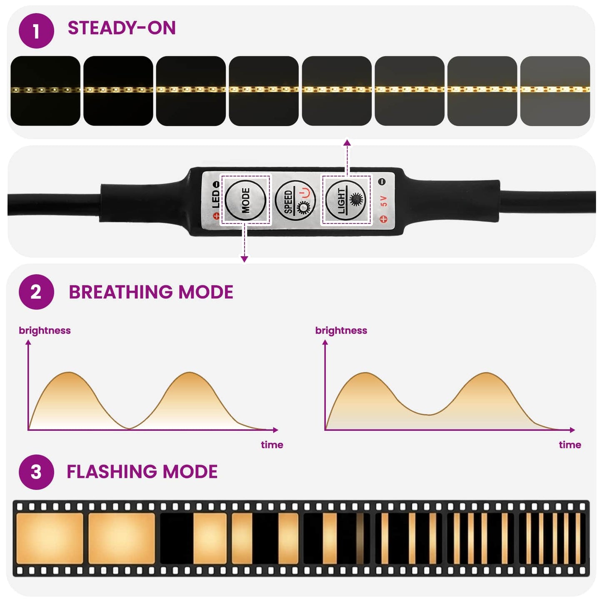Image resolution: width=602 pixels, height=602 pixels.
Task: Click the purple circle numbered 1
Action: tap(36, 31)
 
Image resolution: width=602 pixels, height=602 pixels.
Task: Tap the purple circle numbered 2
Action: tap(36, 292)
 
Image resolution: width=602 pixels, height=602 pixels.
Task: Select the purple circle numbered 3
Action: tap(36, 472)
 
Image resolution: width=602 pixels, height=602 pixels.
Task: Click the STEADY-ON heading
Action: tap(122, 28)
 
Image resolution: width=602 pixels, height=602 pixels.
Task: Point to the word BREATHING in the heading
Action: tap(120, 292)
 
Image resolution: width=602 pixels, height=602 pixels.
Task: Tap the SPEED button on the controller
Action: tap(295, 200)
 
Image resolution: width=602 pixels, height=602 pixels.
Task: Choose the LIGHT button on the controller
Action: tap(345, 200)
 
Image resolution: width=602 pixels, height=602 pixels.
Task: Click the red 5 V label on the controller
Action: tap(384, 201)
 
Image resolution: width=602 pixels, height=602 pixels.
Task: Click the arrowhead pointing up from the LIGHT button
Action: tap(347, 142)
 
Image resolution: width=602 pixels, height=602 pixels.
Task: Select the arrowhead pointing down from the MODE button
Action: tap(244, 259)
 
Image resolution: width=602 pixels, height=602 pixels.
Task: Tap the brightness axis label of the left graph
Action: tap(45, 330)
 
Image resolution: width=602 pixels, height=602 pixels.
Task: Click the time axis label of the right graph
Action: tap(570, 445)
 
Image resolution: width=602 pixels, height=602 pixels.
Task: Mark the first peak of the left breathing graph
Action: tap(69, 372)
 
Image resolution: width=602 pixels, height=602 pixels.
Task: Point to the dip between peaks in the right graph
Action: tap(429, 415)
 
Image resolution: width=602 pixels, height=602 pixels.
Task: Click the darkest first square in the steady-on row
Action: tap(45, 91)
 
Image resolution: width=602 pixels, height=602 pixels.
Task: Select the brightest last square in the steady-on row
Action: tap(555, 91)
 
